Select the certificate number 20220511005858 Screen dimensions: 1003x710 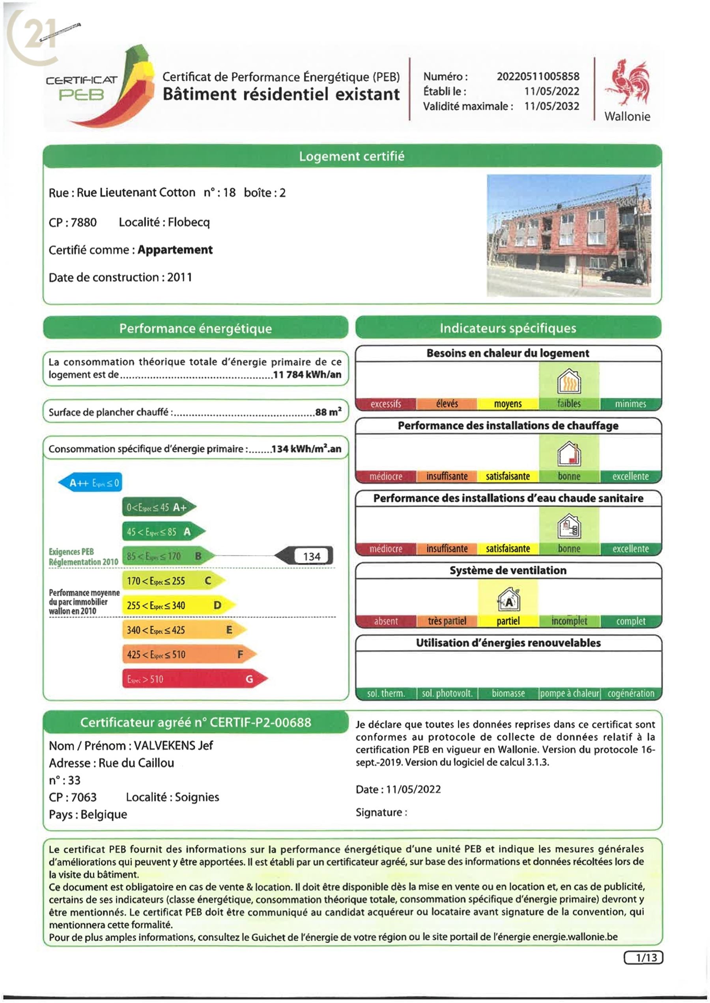point(538,76)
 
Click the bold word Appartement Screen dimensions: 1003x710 point(175,250)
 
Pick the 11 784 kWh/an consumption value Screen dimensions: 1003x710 point(307,375)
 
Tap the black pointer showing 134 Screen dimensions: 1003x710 point(305,556)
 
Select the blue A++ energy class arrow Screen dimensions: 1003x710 point(90,483)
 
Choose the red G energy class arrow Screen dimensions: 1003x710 point(194,679)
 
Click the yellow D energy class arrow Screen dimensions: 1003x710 point(178,605)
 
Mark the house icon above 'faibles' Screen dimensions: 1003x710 point(569,381)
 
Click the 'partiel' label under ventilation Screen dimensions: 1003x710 point(508,621)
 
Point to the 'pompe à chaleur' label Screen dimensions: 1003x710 point(569,694)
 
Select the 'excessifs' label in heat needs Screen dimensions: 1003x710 point(386,404)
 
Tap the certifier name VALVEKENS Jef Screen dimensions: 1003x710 point(173,746)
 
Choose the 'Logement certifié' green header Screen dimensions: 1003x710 point(352,157)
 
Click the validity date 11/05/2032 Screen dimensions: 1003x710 point(552,106)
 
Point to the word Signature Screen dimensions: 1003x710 point(379,813)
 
